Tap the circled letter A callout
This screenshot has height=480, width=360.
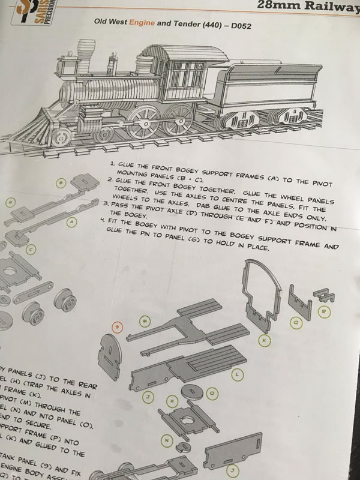coord(72,223)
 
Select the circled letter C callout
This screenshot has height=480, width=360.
coord(30,248)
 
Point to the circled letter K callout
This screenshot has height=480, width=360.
coord(265,340)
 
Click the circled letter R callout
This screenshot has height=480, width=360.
coord(324,311)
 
